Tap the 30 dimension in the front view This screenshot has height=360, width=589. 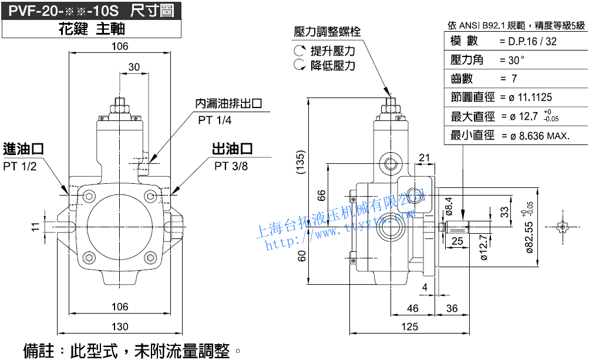pyautogui.click(x=134, y=67)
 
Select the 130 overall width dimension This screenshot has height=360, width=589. pyautogui.click(x=120, y=327)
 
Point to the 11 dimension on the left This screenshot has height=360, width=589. pyautogui.click(x=36, y=226)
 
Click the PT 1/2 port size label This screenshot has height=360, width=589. pyautogui.click(x=20, y=166)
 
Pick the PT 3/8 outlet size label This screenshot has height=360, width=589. pyautogui.click(x=231, y=166)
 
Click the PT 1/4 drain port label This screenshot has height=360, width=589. pyautogui.click(x=215, y=120)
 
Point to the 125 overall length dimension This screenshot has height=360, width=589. pyautogui.click(x=410, y=327)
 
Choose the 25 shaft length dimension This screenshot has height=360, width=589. pyautogui.click(x=457, y=240)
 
